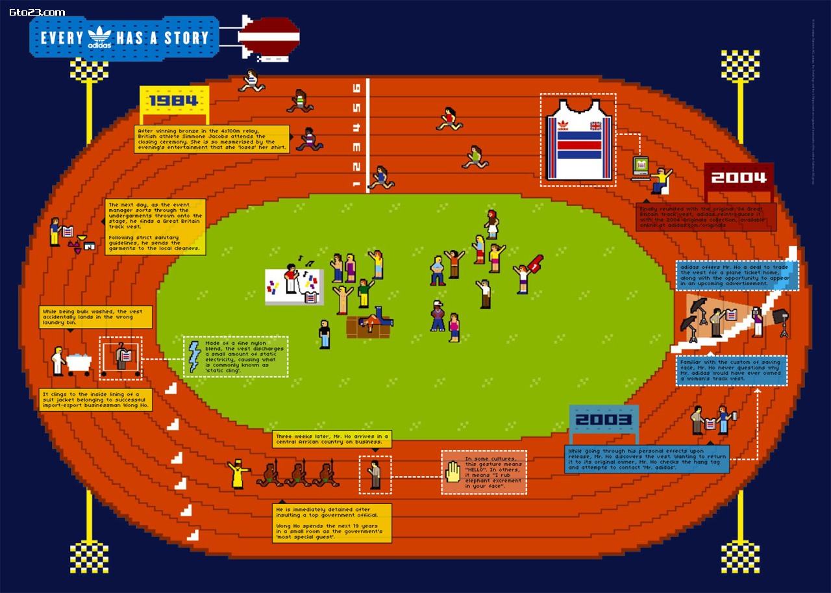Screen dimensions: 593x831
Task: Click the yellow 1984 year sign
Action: tap(173, 101)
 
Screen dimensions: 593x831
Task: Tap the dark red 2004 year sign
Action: tap(738, 177)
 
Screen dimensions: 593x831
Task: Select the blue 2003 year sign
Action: tap(603, 420)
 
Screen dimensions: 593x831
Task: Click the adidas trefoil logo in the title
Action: tap(100, 36)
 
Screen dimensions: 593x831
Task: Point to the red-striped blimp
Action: tap(268, 38)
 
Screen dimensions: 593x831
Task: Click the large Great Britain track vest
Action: tap(578, 140)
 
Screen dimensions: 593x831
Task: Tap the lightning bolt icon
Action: tap(194, 357)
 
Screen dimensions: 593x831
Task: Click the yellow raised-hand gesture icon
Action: tap(453, 472)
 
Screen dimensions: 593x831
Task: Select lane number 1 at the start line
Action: tap(356, 185)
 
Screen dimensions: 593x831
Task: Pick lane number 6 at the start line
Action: tap(356, 88)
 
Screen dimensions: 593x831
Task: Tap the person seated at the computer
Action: tap(661, 179)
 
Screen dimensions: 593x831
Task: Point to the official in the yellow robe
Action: tap(238, 474)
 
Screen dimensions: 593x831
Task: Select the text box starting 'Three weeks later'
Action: tap(332, 439)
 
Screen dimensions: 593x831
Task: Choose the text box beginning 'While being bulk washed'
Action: tap(96, 317)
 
